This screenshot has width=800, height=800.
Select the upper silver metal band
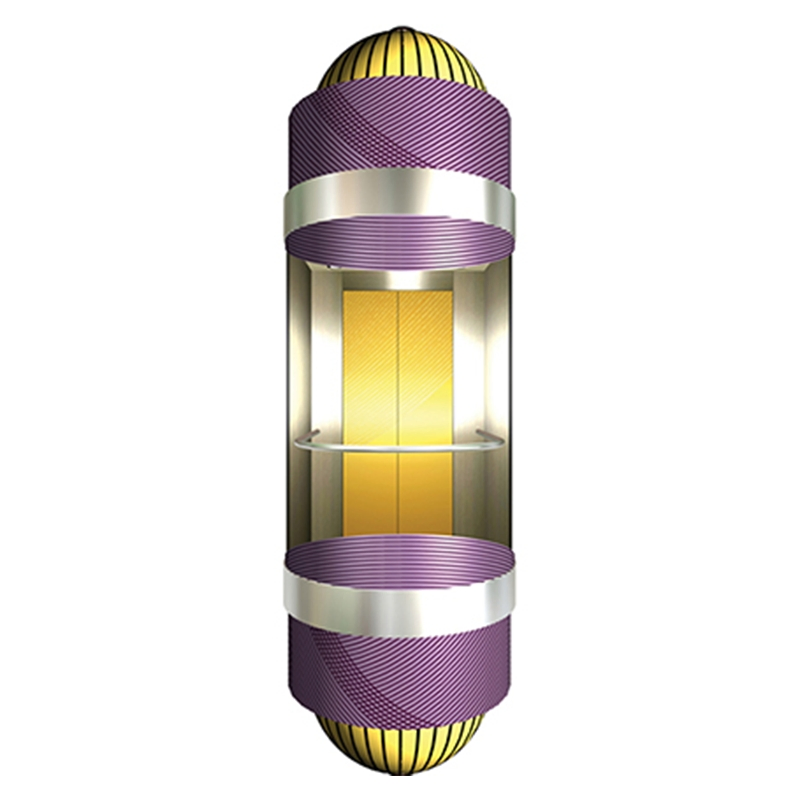400,201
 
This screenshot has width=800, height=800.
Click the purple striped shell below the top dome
400,130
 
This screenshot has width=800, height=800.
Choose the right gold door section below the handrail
427,495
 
